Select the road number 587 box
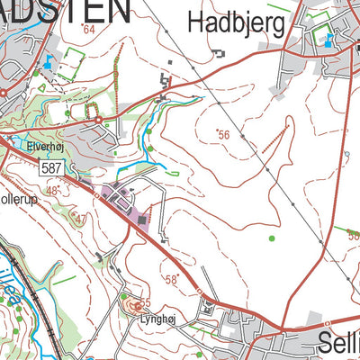pos(52,168)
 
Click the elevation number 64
pos(88,30)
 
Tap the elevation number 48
pos(53,190)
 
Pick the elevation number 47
pos(80,219)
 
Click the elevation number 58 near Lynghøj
pos(172,279)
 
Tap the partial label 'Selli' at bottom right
pos(339,341)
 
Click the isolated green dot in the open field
pos(271,238)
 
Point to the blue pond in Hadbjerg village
pos(328,40)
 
